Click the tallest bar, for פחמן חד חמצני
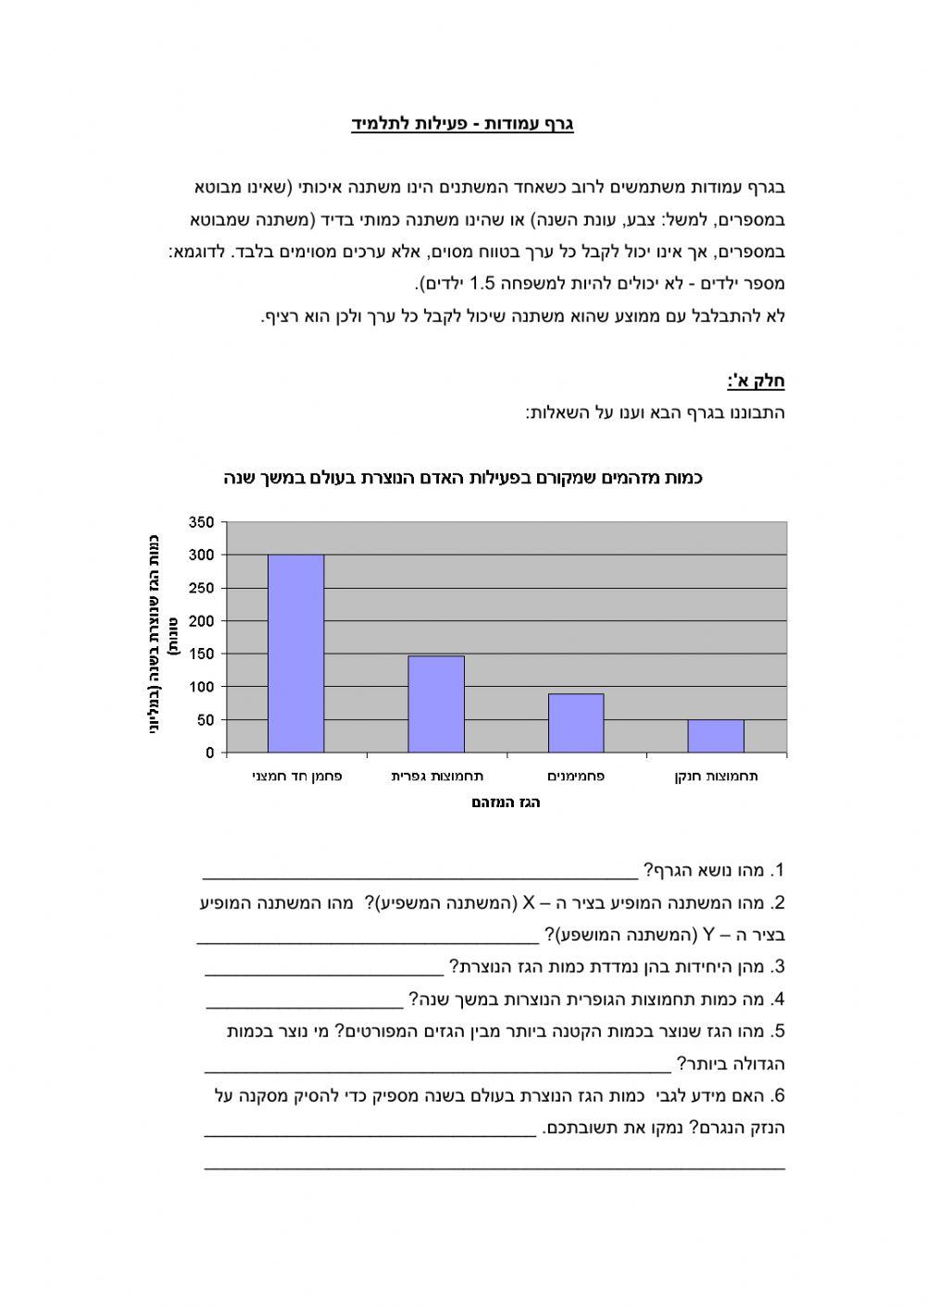click(x=295, y=653)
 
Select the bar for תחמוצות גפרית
click(x=436, y=704)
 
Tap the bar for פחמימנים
click(x=576, y=723)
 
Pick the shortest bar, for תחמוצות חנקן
click(x=716, y=736)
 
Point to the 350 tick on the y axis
click(x=203, y=522)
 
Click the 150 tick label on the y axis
click(x=203, y=654)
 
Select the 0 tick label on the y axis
click(x=209, y=753)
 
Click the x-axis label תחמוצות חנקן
click(x=716, y=777)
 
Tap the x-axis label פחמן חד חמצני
click(x=296, y=777)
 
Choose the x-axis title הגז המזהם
click(x=506, y=803)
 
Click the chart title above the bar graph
click(x=463, y=479)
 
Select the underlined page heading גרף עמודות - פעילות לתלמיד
click(x=462, y=124)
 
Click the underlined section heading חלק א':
click(x=756, y=380)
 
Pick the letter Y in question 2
click(x=709, y=935)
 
